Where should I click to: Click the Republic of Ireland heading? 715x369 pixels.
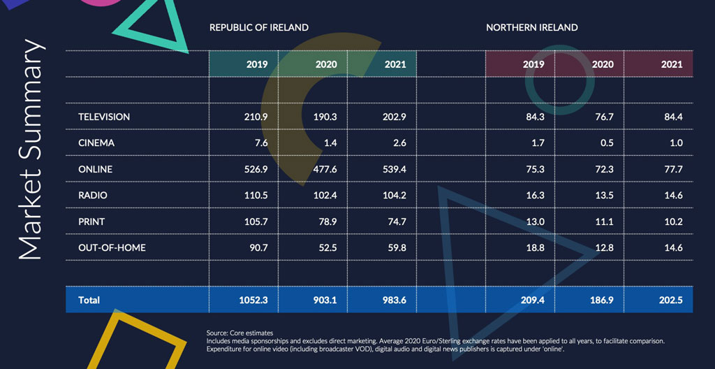(259, 28)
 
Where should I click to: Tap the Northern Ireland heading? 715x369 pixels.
(532, 28)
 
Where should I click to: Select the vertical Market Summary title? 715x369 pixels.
(29, 151)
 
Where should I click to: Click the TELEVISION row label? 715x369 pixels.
(104, 117)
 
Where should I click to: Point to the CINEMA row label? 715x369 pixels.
(96, 143)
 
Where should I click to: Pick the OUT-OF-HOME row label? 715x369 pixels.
(112, 247)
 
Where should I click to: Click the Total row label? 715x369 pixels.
(89, 300)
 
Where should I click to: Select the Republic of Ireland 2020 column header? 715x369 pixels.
(326, 64)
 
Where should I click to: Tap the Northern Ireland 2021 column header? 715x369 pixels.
(672, 64)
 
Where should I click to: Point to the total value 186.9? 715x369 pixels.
(600, 300)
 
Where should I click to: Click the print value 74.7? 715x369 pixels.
(395, 222)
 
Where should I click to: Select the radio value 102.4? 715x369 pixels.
(325, 195)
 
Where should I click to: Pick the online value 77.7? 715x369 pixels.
(673, 169)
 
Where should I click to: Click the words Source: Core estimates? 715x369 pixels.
(240, 333)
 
